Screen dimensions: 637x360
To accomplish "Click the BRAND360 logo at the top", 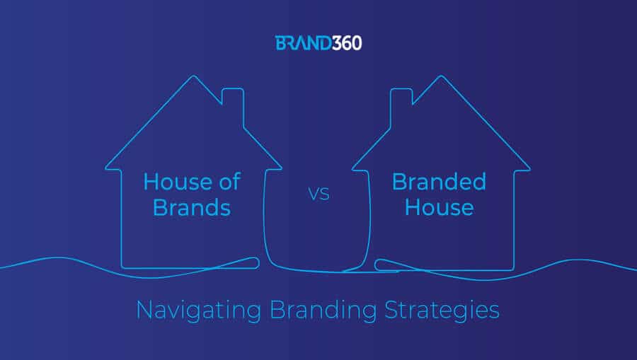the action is [x=318, y=43].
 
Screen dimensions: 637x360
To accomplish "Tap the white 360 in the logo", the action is [x=347, y=43].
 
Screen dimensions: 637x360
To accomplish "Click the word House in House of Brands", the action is [x=178, y=182].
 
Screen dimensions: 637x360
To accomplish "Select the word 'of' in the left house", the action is [x=230, y=182].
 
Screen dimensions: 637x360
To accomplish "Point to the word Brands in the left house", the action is [x=192, y=207].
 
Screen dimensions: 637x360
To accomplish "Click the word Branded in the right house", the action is [x=439, y=182].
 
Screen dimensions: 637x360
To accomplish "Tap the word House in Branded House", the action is [x=439, y=207].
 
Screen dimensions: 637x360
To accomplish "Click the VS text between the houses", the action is [x=319, y=194].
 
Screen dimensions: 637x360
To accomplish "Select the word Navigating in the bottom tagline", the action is [x=199, y=311].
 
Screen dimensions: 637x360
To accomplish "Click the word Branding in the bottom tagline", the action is [x=323, y=311].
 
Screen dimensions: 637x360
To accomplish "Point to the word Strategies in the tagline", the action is [x=442, y=311].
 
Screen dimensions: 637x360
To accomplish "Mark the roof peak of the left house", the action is [x=193, y=76].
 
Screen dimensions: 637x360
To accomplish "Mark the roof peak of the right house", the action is [x=441, y=76].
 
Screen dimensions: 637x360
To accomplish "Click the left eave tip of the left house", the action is [x=105, y=168].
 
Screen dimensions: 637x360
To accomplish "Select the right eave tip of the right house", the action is [x=529, y=169].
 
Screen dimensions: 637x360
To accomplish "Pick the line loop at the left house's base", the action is [x=254, y=263].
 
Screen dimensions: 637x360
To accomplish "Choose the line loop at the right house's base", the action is [x=380, y=265].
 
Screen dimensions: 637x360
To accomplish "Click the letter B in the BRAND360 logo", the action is [x=280, y=43].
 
